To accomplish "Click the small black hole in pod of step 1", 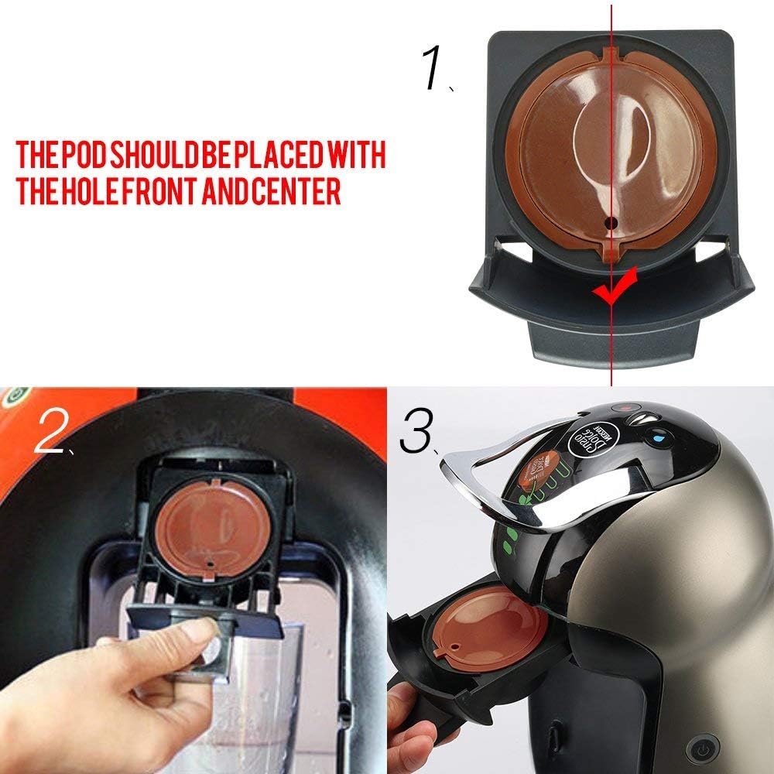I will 611,222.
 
